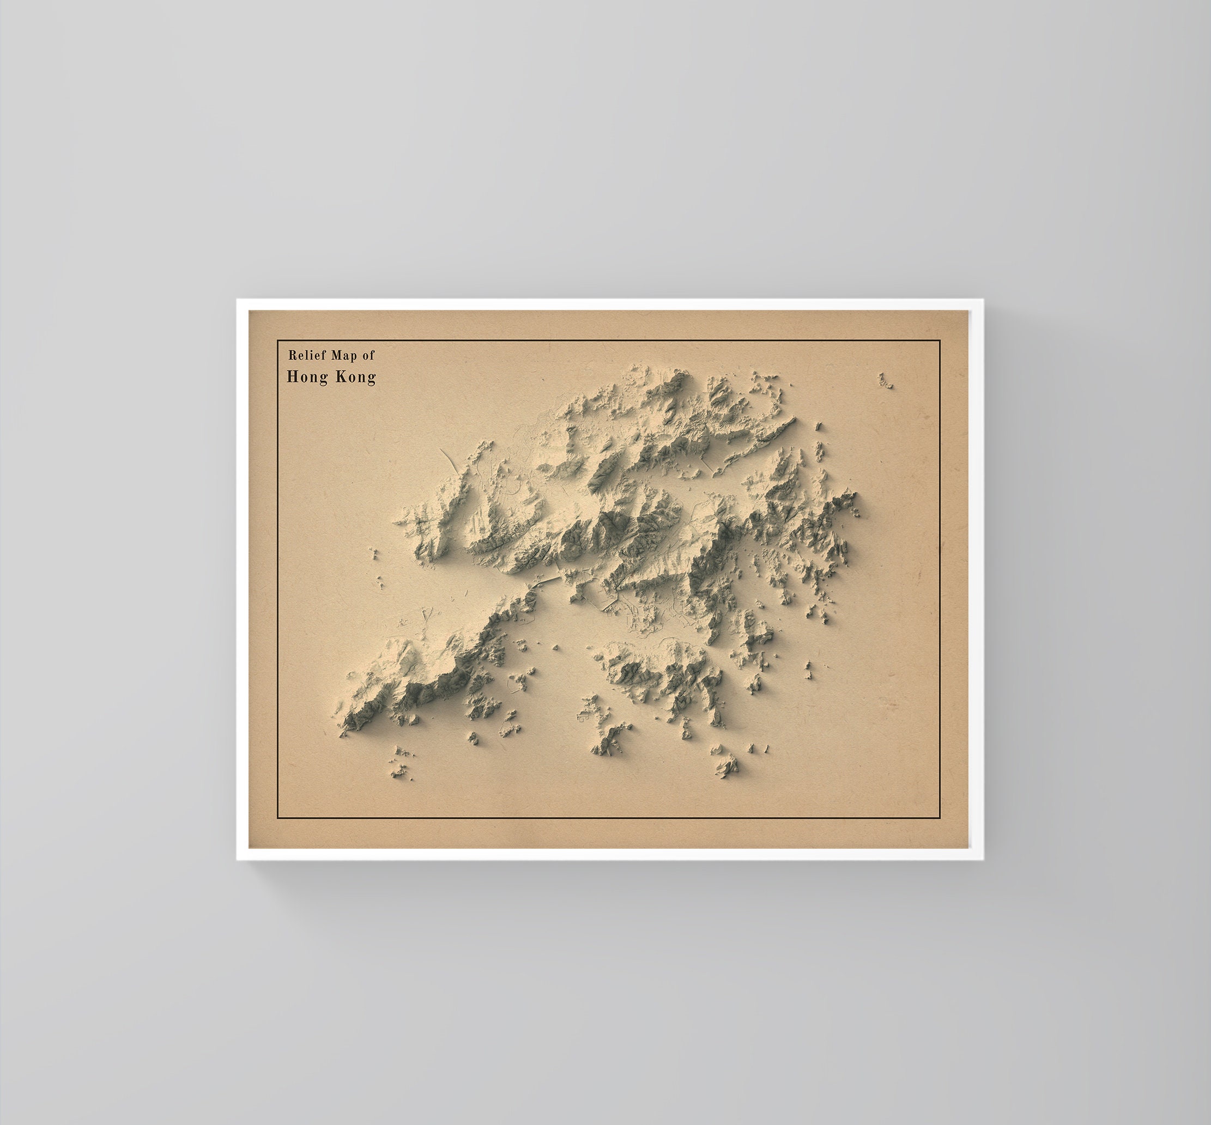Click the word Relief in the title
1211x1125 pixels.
tap(306, 355)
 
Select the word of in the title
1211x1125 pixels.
tap(368, 355)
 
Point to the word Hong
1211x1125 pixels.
tap(307, 378)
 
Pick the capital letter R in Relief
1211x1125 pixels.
tap(292, 355)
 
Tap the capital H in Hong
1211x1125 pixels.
tap(292, 377)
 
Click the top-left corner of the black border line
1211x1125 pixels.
tap(277, 341)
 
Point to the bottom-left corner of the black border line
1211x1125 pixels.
tap(277, 818)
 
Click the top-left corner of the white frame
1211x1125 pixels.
tap(238, 300)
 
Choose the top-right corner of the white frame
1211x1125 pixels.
tap(983, 300)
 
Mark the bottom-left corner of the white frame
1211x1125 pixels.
tap(238, 860)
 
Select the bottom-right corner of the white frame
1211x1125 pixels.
tap(983, 860)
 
